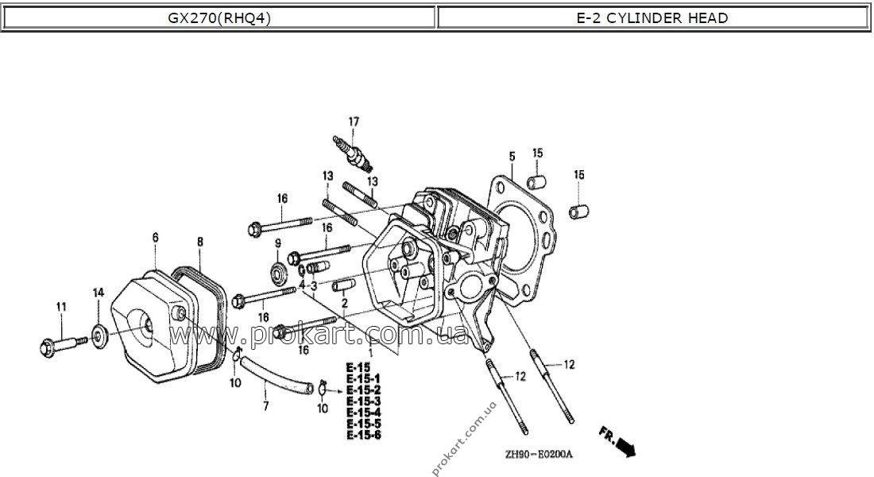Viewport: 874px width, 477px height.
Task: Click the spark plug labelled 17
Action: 352,153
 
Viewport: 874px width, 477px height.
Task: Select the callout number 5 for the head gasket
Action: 512,156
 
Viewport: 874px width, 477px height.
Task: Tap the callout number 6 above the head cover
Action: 155,238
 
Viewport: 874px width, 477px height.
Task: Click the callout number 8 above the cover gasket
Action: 200,242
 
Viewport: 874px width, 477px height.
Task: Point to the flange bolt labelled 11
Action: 64,342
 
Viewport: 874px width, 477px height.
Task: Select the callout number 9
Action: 278,243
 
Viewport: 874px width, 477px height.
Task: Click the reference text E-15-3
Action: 363,401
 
